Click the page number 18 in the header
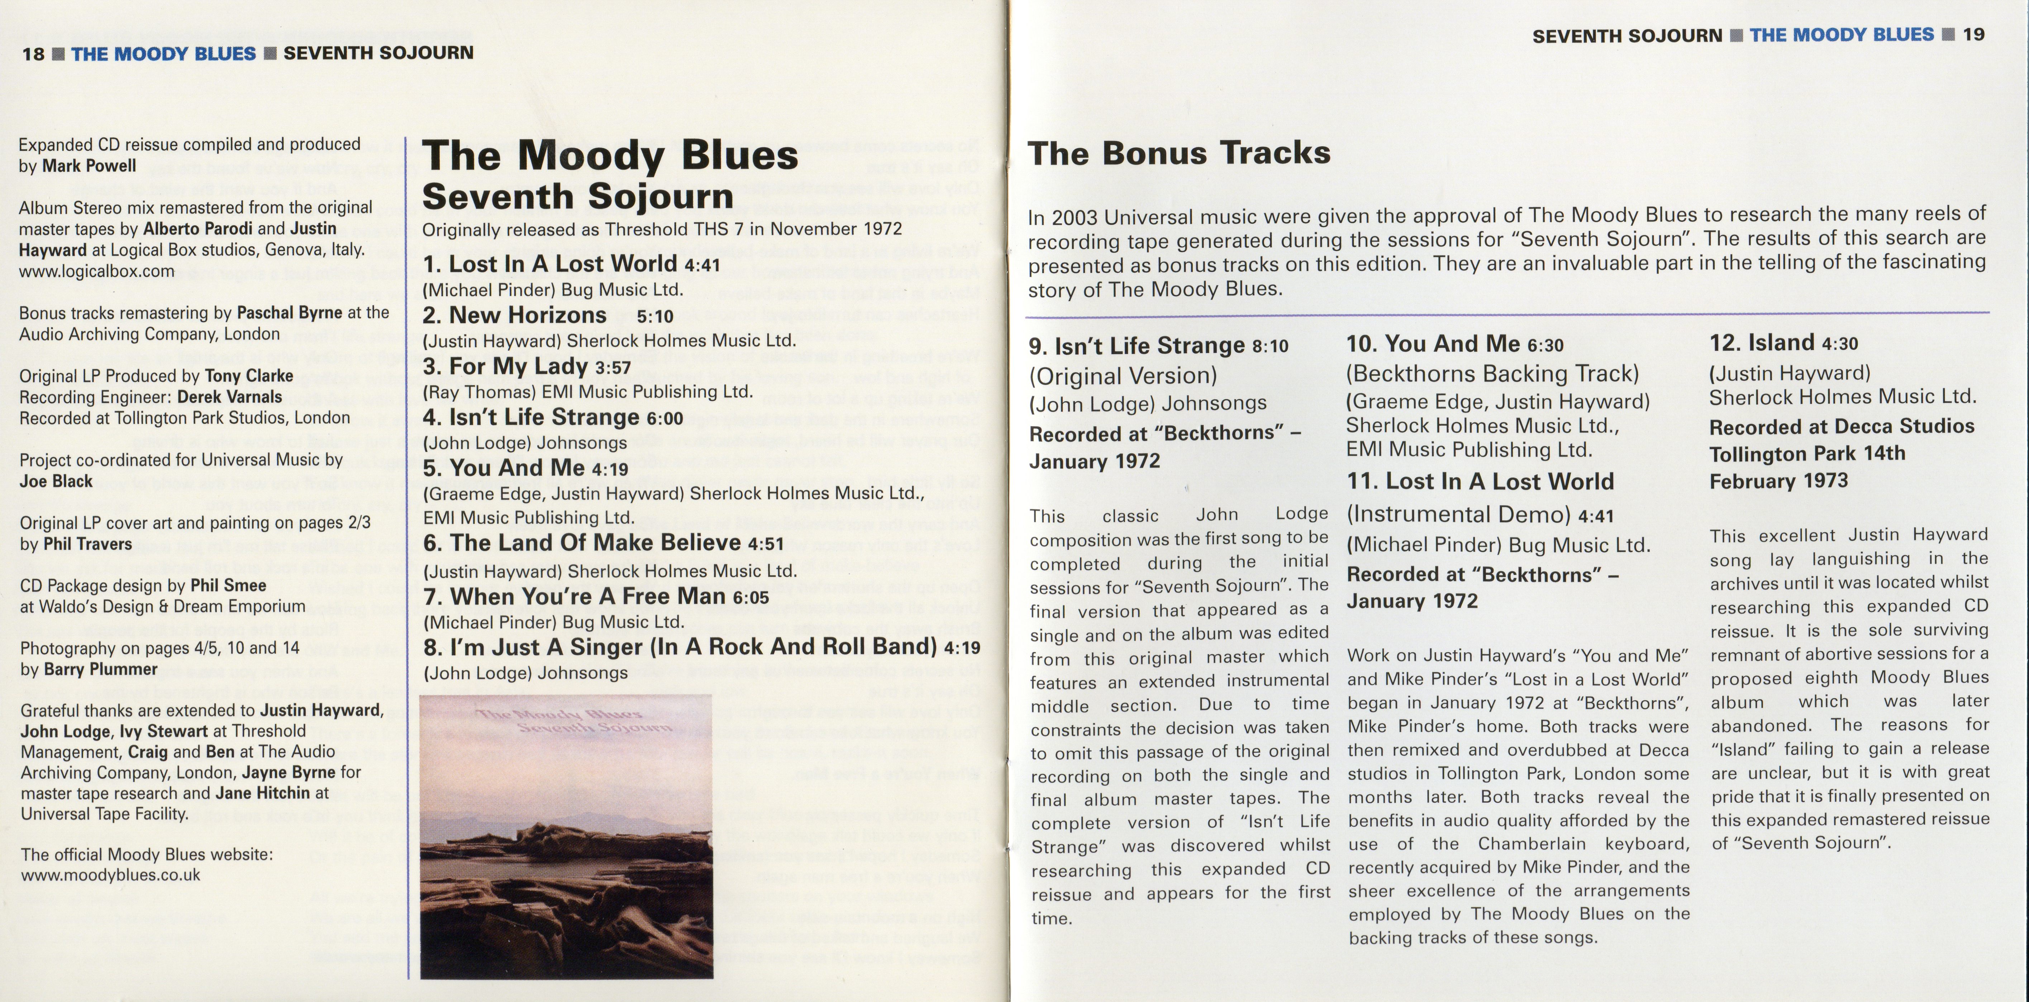point(33,53)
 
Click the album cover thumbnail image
point(566,836)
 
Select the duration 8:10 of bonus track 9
point(1270,347)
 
